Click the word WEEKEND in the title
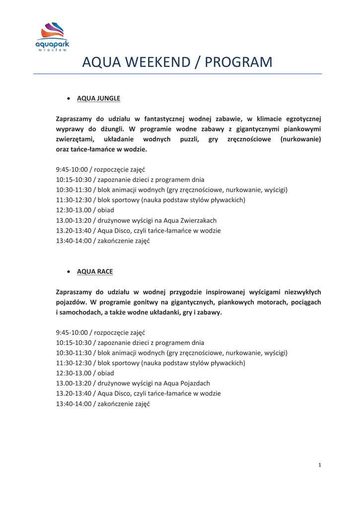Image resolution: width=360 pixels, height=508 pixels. (160, 63)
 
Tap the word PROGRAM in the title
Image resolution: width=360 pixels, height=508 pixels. (239, 63)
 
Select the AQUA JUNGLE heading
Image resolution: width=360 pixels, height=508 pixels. (99, 98)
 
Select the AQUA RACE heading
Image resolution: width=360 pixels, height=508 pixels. (95, 271)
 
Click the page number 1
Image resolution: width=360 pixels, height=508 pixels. (320, 465)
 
